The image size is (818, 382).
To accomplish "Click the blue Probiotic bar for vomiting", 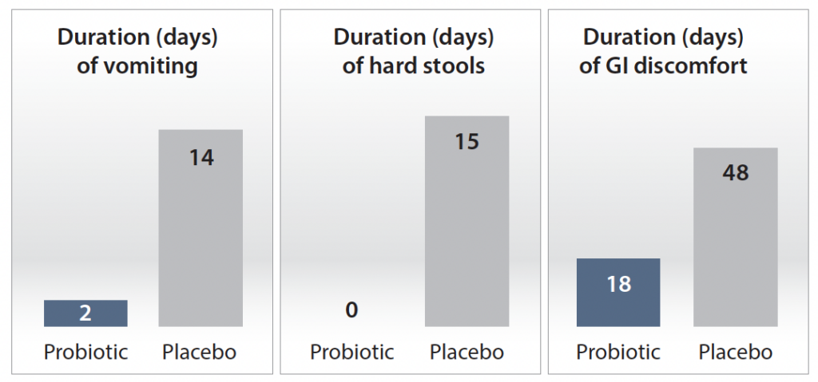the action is click(85, 313).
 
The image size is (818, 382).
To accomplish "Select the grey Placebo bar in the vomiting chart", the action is click(201, 228).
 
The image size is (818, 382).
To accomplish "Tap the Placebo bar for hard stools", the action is click(467, 222).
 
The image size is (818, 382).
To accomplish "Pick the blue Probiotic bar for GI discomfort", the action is click(618, 293).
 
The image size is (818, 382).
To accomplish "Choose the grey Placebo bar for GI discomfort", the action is click(736, 237).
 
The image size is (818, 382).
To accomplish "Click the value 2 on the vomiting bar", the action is click(85, 313).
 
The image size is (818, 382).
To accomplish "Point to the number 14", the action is click(201, 158).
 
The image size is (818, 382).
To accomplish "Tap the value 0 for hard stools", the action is click(351, 310).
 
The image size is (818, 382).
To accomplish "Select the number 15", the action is click(467, 142).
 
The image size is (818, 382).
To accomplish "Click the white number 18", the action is click(619, 285).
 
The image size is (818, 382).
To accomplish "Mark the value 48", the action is click(736, 173).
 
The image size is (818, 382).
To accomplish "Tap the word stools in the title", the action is click(451, 66).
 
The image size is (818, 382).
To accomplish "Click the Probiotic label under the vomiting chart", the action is click(85, 352).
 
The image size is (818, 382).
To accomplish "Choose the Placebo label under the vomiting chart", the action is click(199, 352).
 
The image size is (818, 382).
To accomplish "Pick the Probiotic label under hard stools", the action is click(352, 352).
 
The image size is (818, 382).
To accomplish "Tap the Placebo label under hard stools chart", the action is click(467, 352).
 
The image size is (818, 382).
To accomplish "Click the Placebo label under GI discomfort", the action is click(736, 352).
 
